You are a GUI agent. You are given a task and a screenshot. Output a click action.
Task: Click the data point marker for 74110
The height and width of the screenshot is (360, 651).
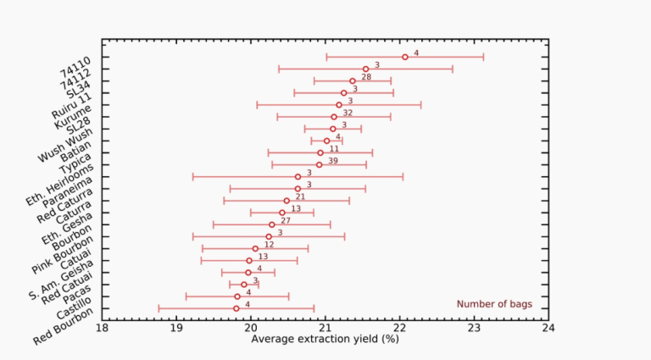[404, 57]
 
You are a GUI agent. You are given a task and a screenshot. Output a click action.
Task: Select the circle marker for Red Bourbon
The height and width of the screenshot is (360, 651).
[236, 308]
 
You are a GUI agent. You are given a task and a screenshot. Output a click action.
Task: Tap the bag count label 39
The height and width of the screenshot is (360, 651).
[332, 160]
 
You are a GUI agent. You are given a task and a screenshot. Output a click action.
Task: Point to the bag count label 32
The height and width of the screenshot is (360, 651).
[348, 112]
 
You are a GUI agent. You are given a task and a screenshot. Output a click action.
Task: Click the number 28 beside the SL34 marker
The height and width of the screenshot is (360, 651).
[366, 76]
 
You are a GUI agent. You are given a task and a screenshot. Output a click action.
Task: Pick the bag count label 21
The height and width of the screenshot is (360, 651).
[300, 197]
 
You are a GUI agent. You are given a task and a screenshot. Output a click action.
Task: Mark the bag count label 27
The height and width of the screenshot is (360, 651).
[286, 220]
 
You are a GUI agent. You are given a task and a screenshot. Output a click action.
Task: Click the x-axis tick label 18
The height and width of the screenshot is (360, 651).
[102, 327]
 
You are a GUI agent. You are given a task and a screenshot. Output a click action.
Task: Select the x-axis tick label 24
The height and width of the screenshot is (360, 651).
[548, 327]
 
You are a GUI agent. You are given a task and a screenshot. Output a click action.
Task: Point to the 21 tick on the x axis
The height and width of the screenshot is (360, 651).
[325, 327]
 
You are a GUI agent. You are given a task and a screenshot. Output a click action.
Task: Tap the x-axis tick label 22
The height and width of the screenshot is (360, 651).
[399, 327]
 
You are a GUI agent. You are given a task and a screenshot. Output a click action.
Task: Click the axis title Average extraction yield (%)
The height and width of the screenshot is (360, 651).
[325, 339]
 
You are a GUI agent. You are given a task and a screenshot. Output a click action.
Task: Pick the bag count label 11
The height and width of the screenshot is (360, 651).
[334, 148]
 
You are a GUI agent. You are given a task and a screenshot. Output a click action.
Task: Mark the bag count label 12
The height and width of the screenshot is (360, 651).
[269, 244]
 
